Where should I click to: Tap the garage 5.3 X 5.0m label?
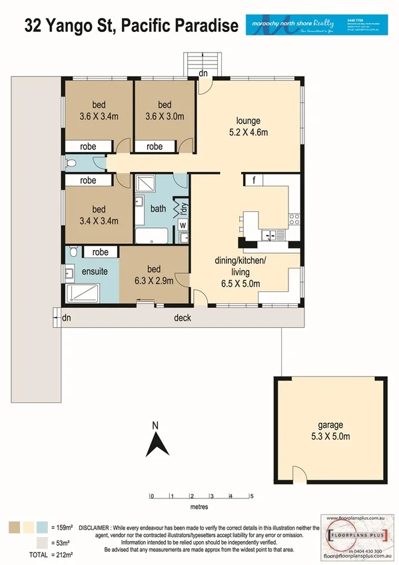coord(330,430)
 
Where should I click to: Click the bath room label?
coord(158,209)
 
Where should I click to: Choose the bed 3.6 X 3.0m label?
coord(165,111)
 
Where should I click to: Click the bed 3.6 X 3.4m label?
coord(94,111)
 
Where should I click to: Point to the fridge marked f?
coord(253,180)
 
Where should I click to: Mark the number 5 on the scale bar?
coord(252,496)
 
